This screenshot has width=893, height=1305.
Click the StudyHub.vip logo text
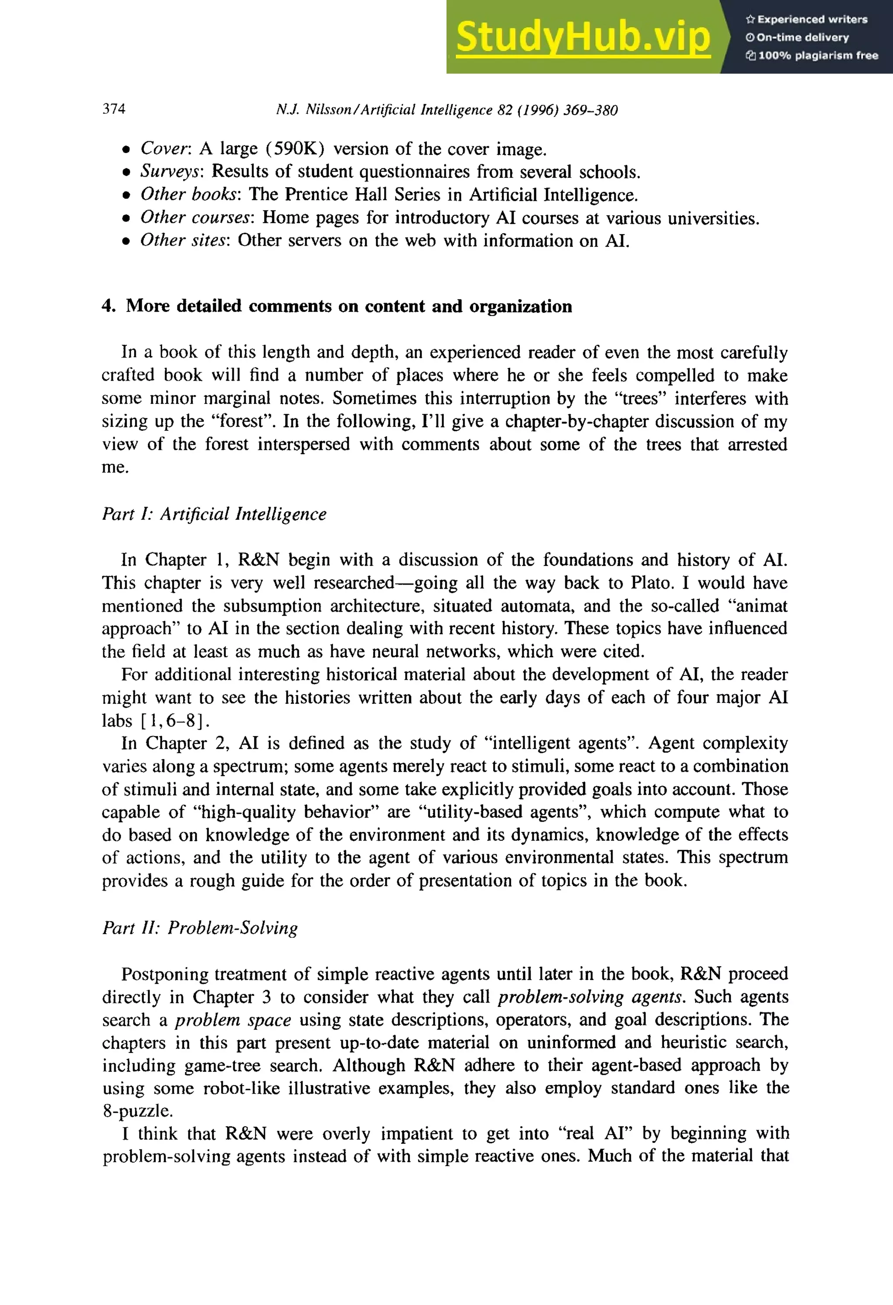pyautogui.click(x=583, y=37)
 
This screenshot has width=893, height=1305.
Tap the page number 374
pyautogui.click(x=114, y=109)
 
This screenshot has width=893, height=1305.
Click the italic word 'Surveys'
pyautogui.click(x=172, y=171)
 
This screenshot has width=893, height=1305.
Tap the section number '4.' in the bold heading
pyautogui.click(x=109, y=306)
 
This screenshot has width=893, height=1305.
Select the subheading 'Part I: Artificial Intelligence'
pyautogui.click(x=214, y=514)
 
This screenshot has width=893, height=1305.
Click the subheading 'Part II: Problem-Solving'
pyautogui.click(x=200, y=928)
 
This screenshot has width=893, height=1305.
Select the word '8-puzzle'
pyautogui.click(x=136, y=1111)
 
